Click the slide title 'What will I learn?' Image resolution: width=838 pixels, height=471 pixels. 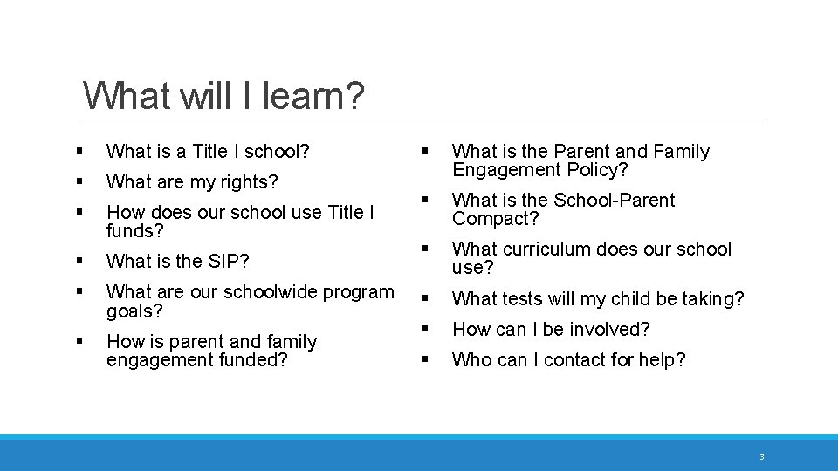[x=223, y=95]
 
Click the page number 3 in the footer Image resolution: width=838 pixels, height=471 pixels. [x=761, y=457]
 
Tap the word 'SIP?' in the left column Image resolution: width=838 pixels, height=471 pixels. [x=230, y=261]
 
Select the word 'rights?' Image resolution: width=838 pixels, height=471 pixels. [x=249, y=182]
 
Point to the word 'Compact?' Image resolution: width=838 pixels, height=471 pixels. [x=495, y=219]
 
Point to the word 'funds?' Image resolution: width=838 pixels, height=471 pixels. [x=135, y=231]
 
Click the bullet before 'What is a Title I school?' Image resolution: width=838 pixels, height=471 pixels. [x=79, y=152]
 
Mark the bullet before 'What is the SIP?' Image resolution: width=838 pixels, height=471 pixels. [x=79, y=261]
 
